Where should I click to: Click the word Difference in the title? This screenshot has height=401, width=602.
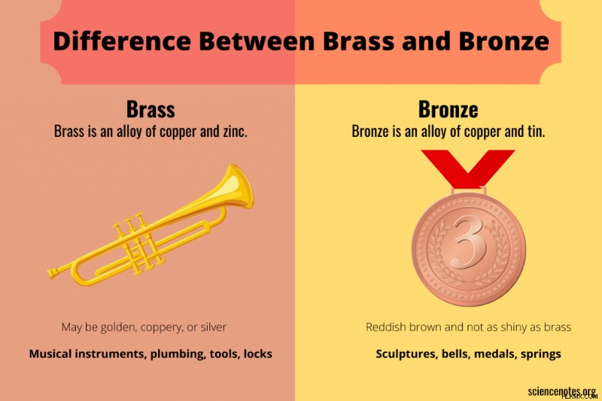[122, 41]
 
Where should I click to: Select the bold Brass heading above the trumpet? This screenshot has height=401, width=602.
[150, 109]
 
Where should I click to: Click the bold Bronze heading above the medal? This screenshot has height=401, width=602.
[448, 109]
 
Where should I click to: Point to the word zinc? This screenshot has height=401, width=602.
[235, 131]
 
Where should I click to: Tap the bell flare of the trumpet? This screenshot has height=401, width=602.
[239, 187]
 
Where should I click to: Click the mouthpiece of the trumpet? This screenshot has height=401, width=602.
[53, 272]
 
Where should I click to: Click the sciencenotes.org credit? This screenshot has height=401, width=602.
[561, 391]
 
